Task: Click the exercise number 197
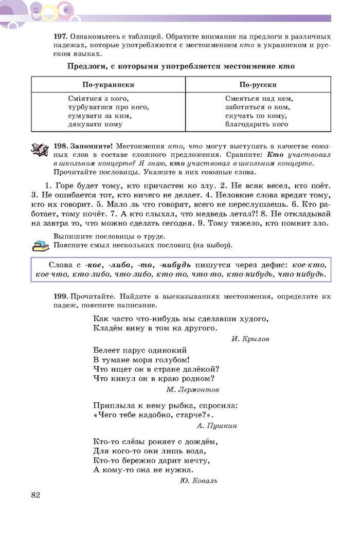61,37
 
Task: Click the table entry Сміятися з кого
98,99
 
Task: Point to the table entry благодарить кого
256,124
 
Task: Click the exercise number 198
61,146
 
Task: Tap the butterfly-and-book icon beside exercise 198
40,150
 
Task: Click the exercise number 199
61,297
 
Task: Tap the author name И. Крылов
250,339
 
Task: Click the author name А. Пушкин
217,426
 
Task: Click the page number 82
35,495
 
